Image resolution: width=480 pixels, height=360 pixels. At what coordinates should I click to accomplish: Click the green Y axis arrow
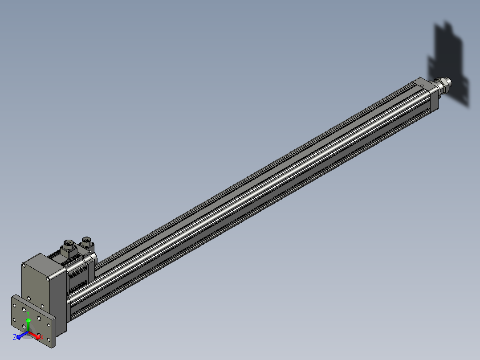(28, 325)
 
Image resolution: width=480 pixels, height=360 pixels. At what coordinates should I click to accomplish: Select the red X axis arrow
(34, 335)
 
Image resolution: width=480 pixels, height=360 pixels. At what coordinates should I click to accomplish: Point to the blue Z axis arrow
(22, 335)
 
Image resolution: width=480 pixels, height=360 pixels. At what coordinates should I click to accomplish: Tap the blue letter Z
(14, 337)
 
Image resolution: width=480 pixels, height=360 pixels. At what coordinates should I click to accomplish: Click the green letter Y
(28, 313)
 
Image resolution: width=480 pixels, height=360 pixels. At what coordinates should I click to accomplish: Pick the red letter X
(42, 338)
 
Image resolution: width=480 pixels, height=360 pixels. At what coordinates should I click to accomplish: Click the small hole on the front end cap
(422, 86)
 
